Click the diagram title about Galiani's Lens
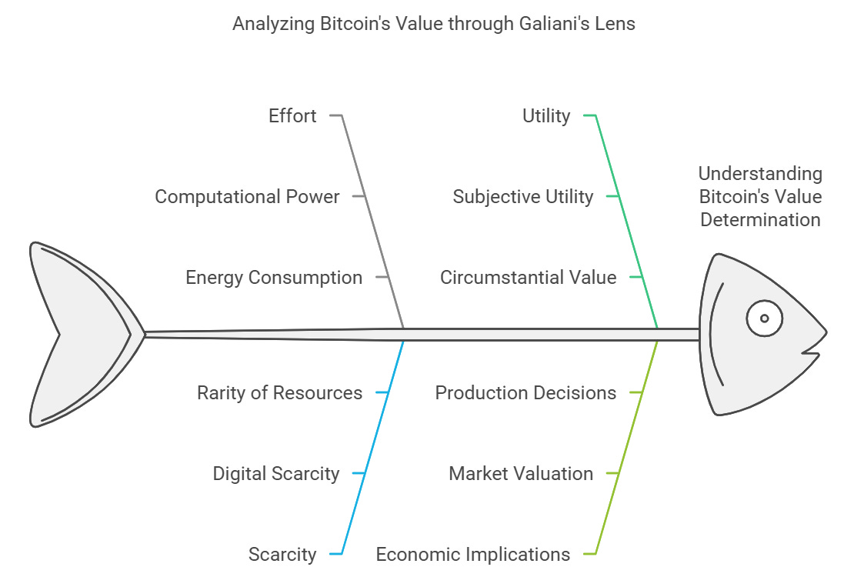(434, 24)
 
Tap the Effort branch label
(292, 116)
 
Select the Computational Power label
(247, 197)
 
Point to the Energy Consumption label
(274, 278)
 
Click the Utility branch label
(546, 116)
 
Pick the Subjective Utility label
(523, 197)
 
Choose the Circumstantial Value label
(529, 278)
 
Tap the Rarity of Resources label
(279, 393)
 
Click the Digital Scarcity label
(276, 474)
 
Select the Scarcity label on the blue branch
(282, 555)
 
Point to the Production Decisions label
(525, 393)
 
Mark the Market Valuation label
(521, 474)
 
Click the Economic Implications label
(473, 555)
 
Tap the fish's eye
(764, 318)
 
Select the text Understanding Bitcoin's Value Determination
(760, 197)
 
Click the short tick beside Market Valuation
(612, 474)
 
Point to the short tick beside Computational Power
(358, 197)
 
